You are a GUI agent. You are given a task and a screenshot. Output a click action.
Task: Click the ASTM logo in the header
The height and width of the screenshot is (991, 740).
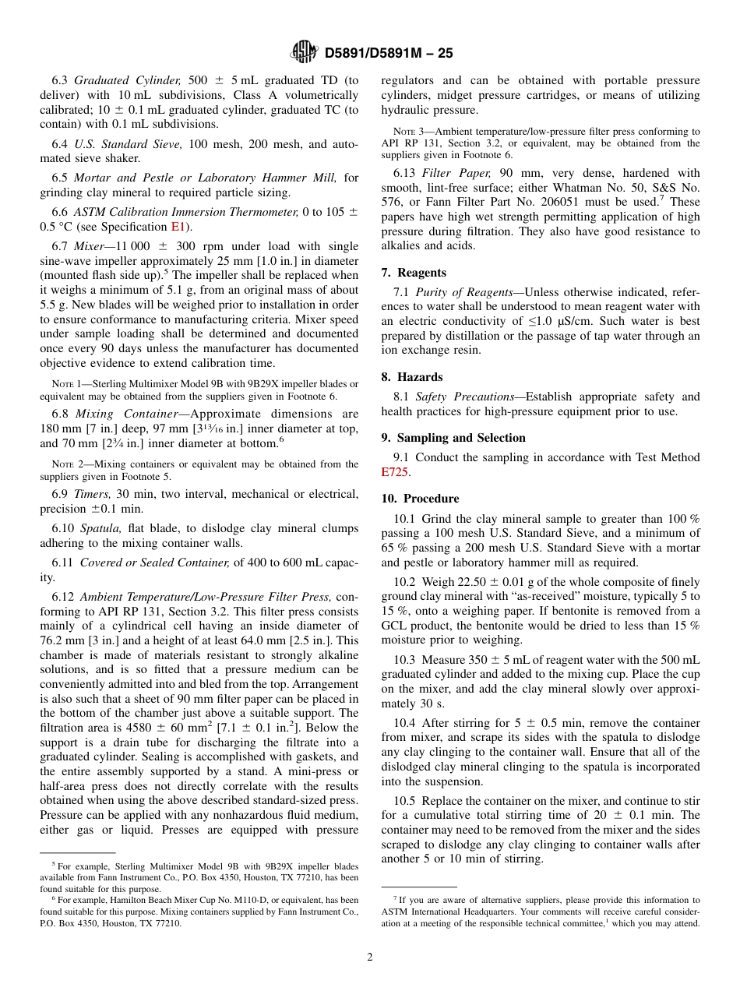(x=304, y=52)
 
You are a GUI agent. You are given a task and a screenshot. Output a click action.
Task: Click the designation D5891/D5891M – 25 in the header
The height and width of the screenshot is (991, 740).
(x=388, y=54)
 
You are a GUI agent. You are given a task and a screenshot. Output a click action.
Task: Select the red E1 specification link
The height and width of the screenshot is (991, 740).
(x=178, y=227)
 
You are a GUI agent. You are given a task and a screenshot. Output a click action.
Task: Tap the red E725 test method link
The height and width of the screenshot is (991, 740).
(x=395, y=471)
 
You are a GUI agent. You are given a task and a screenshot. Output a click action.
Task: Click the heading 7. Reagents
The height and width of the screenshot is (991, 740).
(x=414, y=273)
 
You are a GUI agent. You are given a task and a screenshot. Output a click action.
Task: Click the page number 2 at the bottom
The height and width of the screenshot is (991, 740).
(x=370, y=957)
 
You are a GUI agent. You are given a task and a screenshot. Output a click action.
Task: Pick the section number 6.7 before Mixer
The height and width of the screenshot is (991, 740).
(x=60, y=246)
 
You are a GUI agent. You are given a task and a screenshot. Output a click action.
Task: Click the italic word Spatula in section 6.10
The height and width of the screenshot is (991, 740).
(x=99, y=528)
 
